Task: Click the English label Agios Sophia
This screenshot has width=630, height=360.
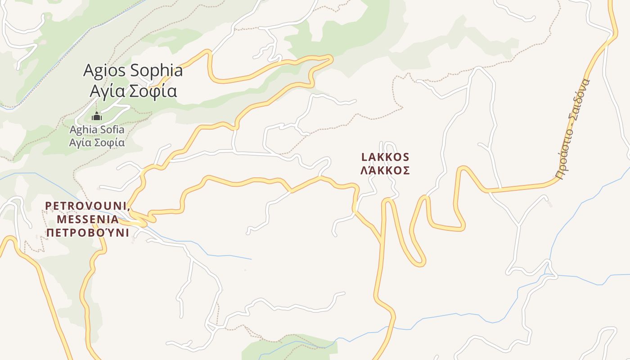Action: [x=133, y=71]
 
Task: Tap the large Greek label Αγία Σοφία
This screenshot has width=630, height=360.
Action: [x=133, y=91]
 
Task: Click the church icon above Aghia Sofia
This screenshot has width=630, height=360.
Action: [x=97, y=117]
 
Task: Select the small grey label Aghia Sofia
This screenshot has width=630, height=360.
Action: [x=97, y=130]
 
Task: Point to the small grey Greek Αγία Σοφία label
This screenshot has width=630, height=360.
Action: [x=97, y=143]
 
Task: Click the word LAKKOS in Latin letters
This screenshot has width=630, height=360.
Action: [x=385, y=157]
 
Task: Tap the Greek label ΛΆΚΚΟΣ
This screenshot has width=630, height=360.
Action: [x=385, y=171]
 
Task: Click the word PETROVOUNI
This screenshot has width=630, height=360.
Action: [x=86, y=206]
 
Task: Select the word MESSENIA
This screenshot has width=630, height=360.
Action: [x=88, y=219]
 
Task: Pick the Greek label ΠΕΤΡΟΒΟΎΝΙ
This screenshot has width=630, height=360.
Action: [x=88, y=233]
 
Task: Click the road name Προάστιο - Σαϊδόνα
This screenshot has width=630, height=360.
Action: [x=572, y=129]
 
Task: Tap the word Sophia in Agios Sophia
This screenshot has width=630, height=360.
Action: [x=156, y=71]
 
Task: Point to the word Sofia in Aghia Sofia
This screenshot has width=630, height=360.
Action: [x=112, y=130]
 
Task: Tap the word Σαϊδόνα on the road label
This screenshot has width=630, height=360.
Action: [x=581, y=98]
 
